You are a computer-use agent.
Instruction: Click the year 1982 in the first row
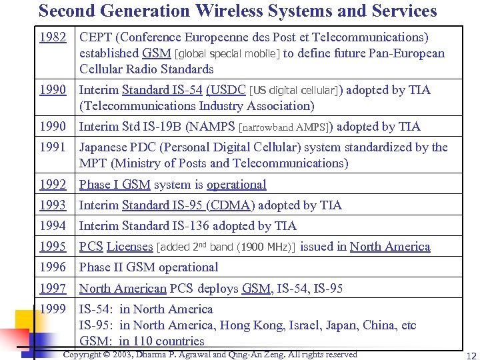pos(53,37)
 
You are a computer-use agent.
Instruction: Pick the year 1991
pos(53,147)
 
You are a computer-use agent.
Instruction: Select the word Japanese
pos(105,147)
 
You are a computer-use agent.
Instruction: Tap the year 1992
pos(53,185)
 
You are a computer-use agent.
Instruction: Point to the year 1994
pos(53,226)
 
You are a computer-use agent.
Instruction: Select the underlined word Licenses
pos(129,247)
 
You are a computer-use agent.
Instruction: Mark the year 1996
pos(53,267)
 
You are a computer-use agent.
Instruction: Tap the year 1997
pos(53,289)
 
